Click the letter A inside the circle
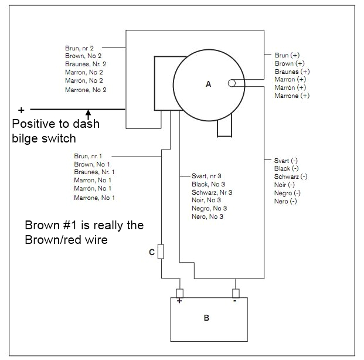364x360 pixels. [x=208, y=84]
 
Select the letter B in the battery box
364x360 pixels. [x=206, y=318]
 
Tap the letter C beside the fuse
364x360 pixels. [x=152, y=253]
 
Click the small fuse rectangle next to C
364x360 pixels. [x=161, y=253]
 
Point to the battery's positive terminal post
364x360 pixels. [x=180, y=293]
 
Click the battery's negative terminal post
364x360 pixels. [x=235, y=293]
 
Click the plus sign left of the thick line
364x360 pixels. [x=22, y=110]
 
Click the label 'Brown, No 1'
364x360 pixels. [x=92, y=164]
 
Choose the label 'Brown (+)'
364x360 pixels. [x=290, y=63]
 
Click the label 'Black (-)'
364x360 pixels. [x=287, y=168]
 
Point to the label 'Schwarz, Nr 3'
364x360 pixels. [x=212, y=192]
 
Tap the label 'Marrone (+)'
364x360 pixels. [x=292, y=96]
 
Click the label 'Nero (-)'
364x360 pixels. [x=285, y=201]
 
